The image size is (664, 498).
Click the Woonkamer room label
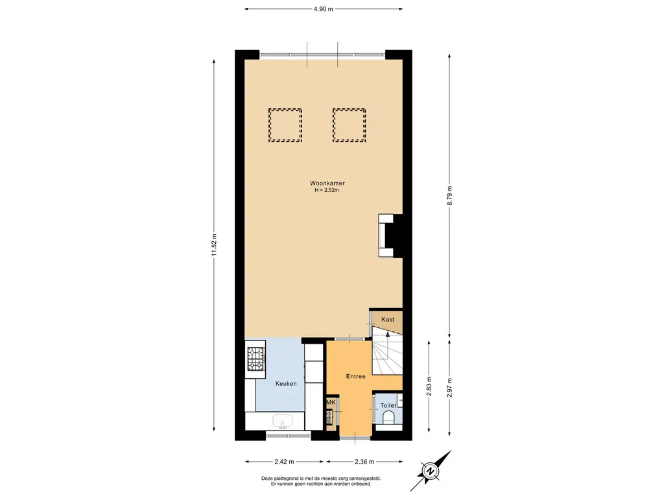(x=327, y=184)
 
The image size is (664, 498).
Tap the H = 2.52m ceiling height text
(x=327, y=190)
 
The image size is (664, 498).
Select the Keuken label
(x=286, y=384)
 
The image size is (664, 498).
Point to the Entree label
(x=356, y=376)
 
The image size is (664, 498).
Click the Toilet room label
(x=388, y=405)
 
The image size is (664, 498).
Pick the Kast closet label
(x=388, y=319)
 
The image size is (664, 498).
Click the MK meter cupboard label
(x=331, y=402)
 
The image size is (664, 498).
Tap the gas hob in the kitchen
(x=256, y=359)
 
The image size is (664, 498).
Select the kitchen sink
(x=283, y=421)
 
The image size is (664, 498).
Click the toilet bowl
(x=388, y=418)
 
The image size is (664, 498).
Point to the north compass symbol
(x=431, y=471)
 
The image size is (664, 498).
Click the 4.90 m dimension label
(x=324, y=9)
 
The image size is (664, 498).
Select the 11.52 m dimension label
(x=214, y=245)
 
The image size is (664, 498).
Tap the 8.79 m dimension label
(x=449, y=196)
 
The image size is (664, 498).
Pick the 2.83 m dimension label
(x=429, y=386)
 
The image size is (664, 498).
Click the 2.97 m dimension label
(x=449, y=388)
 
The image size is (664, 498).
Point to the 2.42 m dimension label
(x=285, y=462)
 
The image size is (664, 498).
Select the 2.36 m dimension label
(x=364, y=462)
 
